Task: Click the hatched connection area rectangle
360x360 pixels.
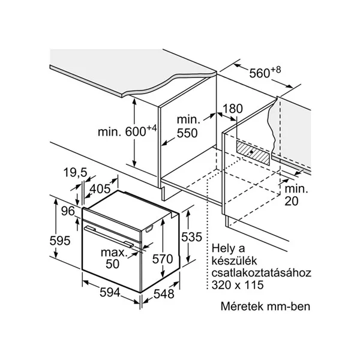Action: coord(253,151)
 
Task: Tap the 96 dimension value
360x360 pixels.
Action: coord(67,211)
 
